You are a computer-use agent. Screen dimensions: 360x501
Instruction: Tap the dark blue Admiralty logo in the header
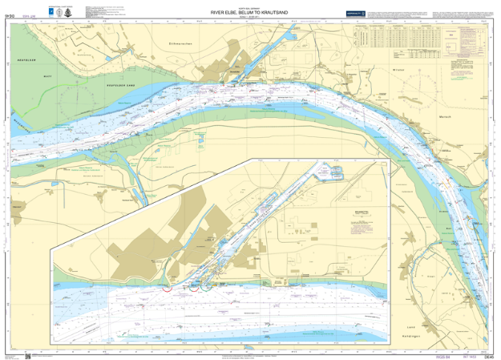click(x=356, y=14)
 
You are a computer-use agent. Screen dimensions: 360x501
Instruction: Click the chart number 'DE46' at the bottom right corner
click(x=488, y=356)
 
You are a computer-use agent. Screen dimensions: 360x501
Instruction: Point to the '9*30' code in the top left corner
click(x=10, y=14)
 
